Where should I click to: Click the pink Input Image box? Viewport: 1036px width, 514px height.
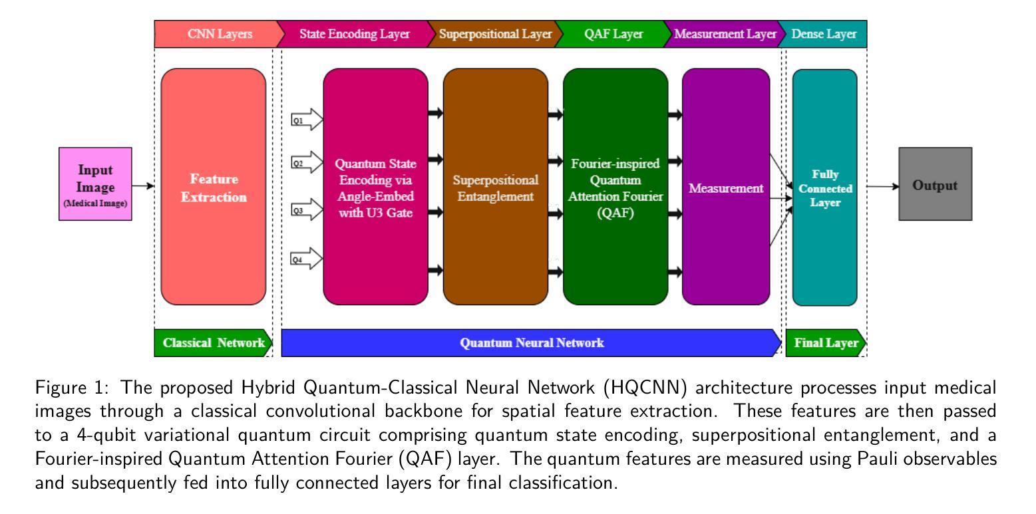[95, 184]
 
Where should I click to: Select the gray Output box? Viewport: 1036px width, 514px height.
[935, 184]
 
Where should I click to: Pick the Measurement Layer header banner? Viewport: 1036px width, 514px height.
[725, 34]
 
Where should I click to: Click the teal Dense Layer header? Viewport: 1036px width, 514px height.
[823, 34]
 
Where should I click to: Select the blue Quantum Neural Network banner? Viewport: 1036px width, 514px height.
[532, 343]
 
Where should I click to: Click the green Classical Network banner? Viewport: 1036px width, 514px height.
[213, 343]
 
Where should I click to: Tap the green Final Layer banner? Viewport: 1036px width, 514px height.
[826, 343]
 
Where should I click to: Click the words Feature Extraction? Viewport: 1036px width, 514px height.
[214, 188]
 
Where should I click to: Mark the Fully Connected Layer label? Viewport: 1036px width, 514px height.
[825, 188]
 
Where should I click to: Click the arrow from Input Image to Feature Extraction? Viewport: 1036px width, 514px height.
[143, 186]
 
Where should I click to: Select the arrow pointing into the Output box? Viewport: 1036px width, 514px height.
[883, 186]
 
